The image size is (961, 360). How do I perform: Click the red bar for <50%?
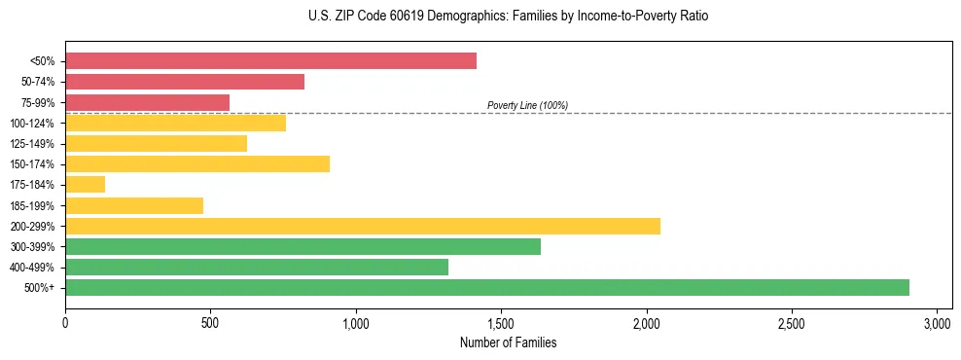tap(270, 61)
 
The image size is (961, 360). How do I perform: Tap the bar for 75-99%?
tap(147, 102)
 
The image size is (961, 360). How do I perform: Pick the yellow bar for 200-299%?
tap(363, 226)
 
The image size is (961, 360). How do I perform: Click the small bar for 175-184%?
tap(85, 185)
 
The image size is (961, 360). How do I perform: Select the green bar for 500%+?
tap(486, 287)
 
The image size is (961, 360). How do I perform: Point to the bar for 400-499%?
tap(257, 267)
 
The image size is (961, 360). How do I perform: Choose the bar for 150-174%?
tap(197, 163)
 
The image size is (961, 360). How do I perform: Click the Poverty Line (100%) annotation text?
tap(527, 105)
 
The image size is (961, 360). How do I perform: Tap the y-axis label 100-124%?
tap(33, 124)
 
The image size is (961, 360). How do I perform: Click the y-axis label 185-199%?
tap(33, 205)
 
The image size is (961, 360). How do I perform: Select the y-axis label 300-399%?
tap(33, 246)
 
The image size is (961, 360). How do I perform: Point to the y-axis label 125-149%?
tap(33, 144)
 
